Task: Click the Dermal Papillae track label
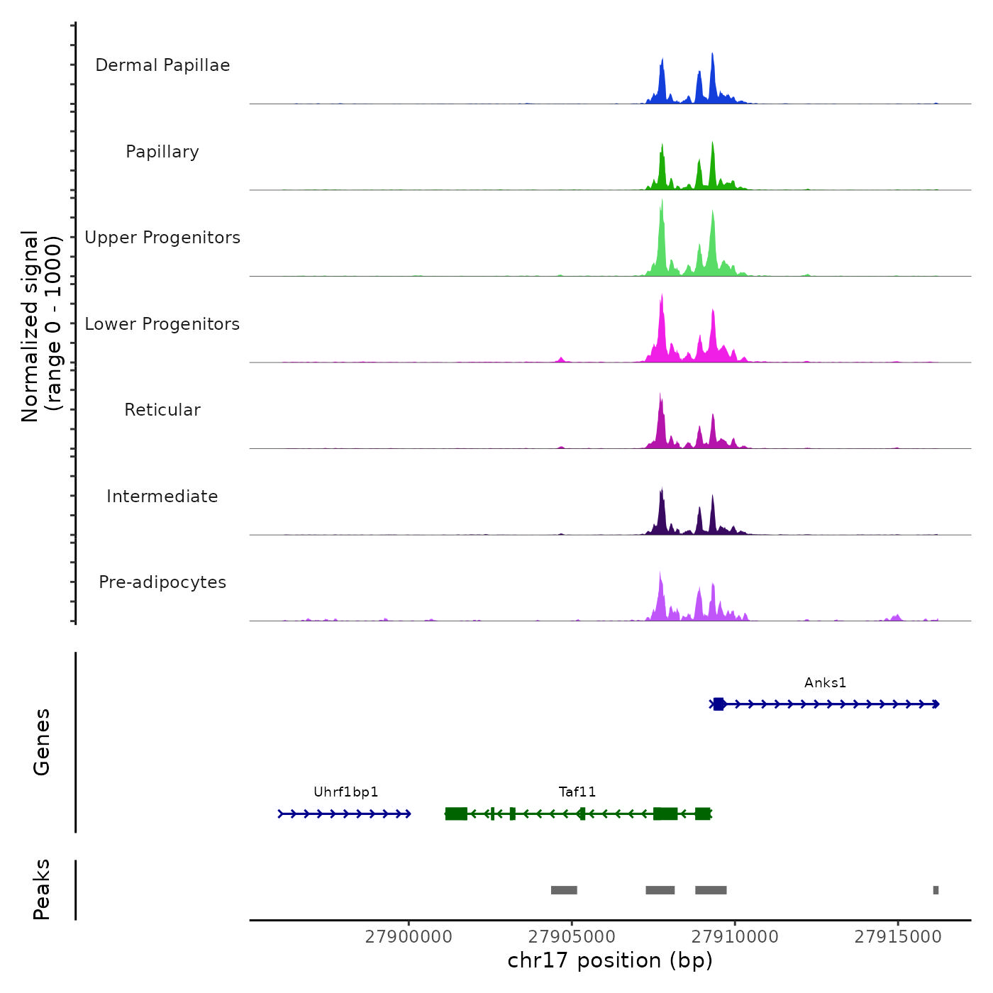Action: click(162, 65)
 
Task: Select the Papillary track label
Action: click(162, 152)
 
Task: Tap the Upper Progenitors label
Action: click(162, 238)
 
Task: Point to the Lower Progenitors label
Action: click(162, 324)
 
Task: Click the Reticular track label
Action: click(162, 410)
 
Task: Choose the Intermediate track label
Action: click(162, 496)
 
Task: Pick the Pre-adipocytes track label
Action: click(162, 582)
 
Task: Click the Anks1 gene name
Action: click(825, 683)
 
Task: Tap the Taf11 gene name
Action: click(577, 792)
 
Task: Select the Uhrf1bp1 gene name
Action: click(346, 792)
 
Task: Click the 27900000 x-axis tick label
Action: click(409, 937)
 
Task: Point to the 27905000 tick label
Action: click(572, 937)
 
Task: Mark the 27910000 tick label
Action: click(735, 937)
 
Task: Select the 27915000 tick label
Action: click(898, 937)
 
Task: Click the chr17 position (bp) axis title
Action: click(610, 960)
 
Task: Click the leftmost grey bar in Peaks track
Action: click(564, 890)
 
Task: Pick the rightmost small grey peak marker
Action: click(936, 890)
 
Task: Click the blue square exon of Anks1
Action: click(719, 704)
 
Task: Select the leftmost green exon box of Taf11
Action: click(456, 814)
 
